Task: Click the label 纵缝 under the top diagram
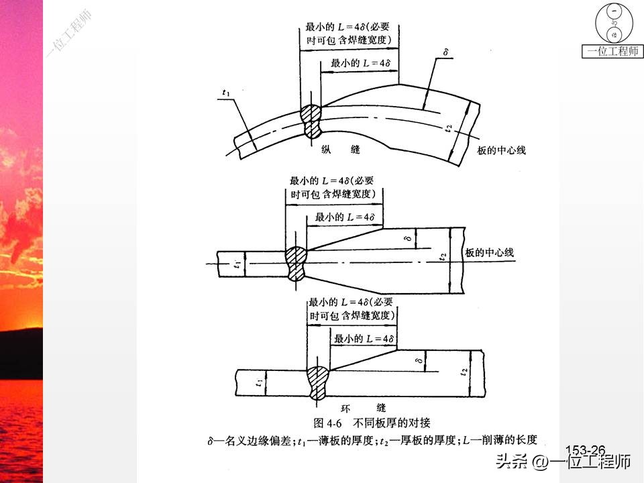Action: [x=341, y=150]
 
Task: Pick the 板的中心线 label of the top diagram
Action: [x=502, y=150]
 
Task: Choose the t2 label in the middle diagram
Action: [x=442, y=257]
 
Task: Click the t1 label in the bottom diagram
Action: [x=259, y=382]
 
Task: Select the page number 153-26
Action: [x=586, y=450]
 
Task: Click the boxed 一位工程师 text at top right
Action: [x=612, y=51]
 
